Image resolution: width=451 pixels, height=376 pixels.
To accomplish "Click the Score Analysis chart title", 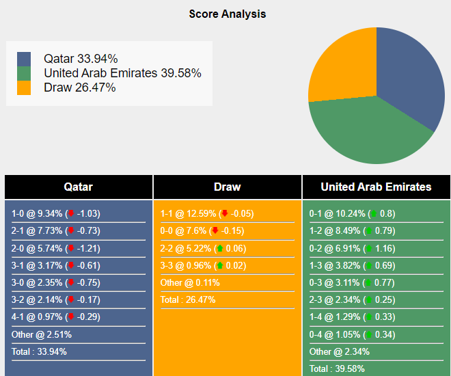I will (x=228, y=14).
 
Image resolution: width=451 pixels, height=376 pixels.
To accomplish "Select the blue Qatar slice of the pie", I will (x=410, y=75).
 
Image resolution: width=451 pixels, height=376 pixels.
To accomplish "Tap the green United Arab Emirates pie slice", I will (x=369, y=133).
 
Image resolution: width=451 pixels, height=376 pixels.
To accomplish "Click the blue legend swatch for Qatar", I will (x=25, y=59).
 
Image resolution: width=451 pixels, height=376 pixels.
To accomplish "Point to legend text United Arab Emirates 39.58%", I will (x=122, y=73).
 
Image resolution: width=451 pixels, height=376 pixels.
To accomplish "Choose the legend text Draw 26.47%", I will (x=79, y=88).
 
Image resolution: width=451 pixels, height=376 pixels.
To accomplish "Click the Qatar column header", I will (x=79, y=187).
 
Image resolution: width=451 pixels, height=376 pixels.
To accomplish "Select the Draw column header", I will (x=228, y=187).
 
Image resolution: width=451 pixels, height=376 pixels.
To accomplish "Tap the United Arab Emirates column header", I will (x=376, y=187).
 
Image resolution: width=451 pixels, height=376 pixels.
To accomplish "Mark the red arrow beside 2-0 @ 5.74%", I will (x=71, y=248).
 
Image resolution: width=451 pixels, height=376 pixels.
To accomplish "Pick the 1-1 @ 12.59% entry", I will (x=205, y=213).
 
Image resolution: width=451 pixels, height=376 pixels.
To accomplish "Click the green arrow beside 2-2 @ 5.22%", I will (x=220, y=248).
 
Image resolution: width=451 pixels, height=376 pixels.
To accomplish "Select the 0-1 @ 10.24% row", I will (x=352, y=213).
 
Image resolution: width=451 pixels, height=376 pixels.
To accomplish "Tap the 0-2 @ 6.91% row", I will (x=352, y=248).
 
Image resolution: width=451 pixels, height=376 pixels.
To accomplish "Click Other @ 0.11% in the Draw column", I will (x=185, y=282).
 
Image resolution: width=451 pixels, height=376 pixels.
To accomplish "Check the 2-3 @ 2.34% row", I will (x=352, y=299).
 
